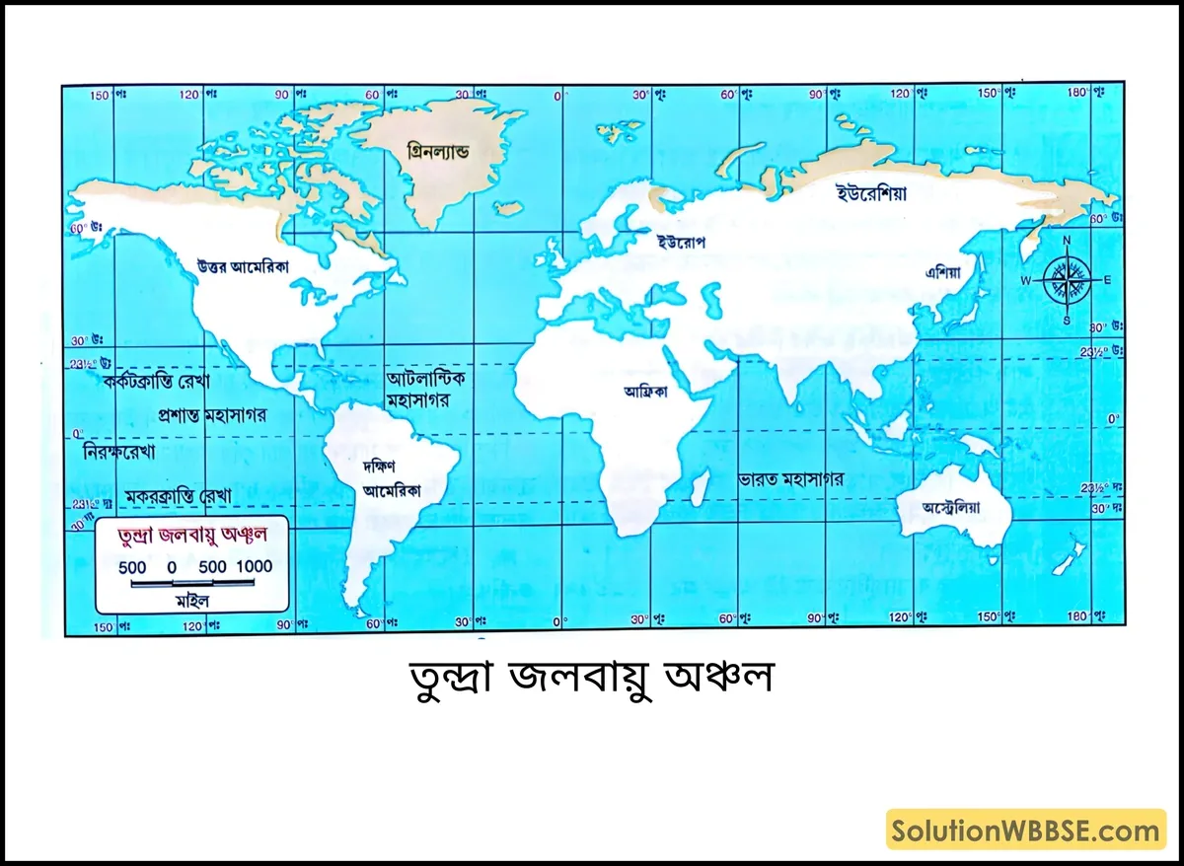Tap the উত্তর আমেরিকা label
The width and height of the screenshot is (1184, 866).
(242, 265)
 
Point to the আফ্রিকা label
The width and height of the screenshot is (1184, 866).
(645, 391)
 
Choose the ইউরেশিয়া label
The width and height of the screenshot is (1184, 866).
(871, 193)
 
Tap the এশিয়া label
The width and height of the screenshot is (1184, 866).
(942, 270)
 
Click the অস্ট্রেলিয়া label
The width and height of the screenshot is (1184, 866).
(952, 509)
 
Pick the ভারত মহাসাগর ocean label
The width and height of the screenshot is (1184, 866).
(791, 479)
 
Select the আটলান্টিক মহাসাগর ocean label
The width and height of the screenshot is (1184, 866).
(426, 390)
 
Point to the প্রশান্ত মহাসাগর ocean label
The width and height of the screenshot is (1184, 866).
(211, 414)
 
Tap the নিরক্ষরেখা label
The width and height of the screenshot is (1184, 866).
(126, 452)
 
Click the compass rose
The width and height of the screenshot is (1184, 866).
(1066, 278)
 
